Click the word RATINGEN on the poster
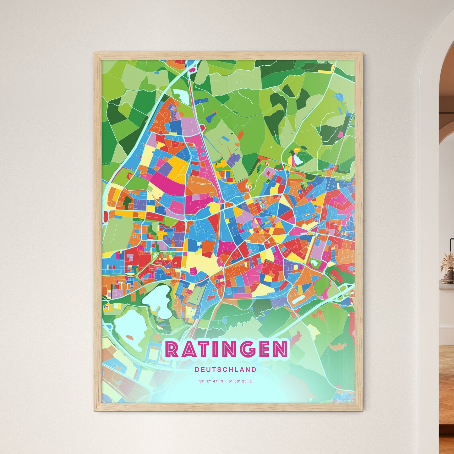click(226, 349)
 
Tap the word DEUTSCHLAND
click(225, 369)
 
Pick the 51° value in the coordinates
click(201, 381)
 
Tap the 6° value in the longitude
click(230, 381)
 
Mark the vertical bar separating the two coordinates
click(226, 381)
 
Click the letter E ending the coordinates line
click(251, 381)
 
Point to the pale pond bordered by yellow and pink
click(297, 160)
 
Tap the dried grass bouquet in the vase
click(447, 261)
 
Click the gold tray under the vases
click(448, 282)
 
